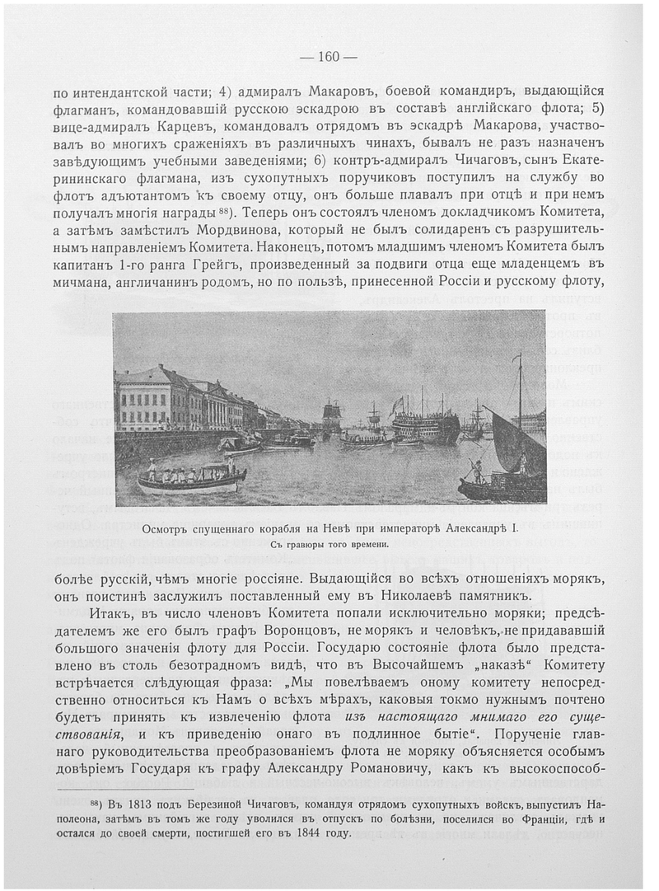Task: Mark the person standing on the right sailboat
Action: (477, 471)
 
